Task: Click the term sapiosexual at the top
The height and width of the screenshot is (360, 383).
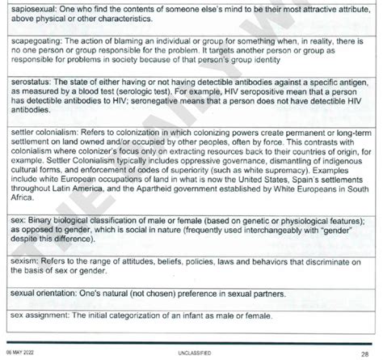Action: click(x=27, y=7)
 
